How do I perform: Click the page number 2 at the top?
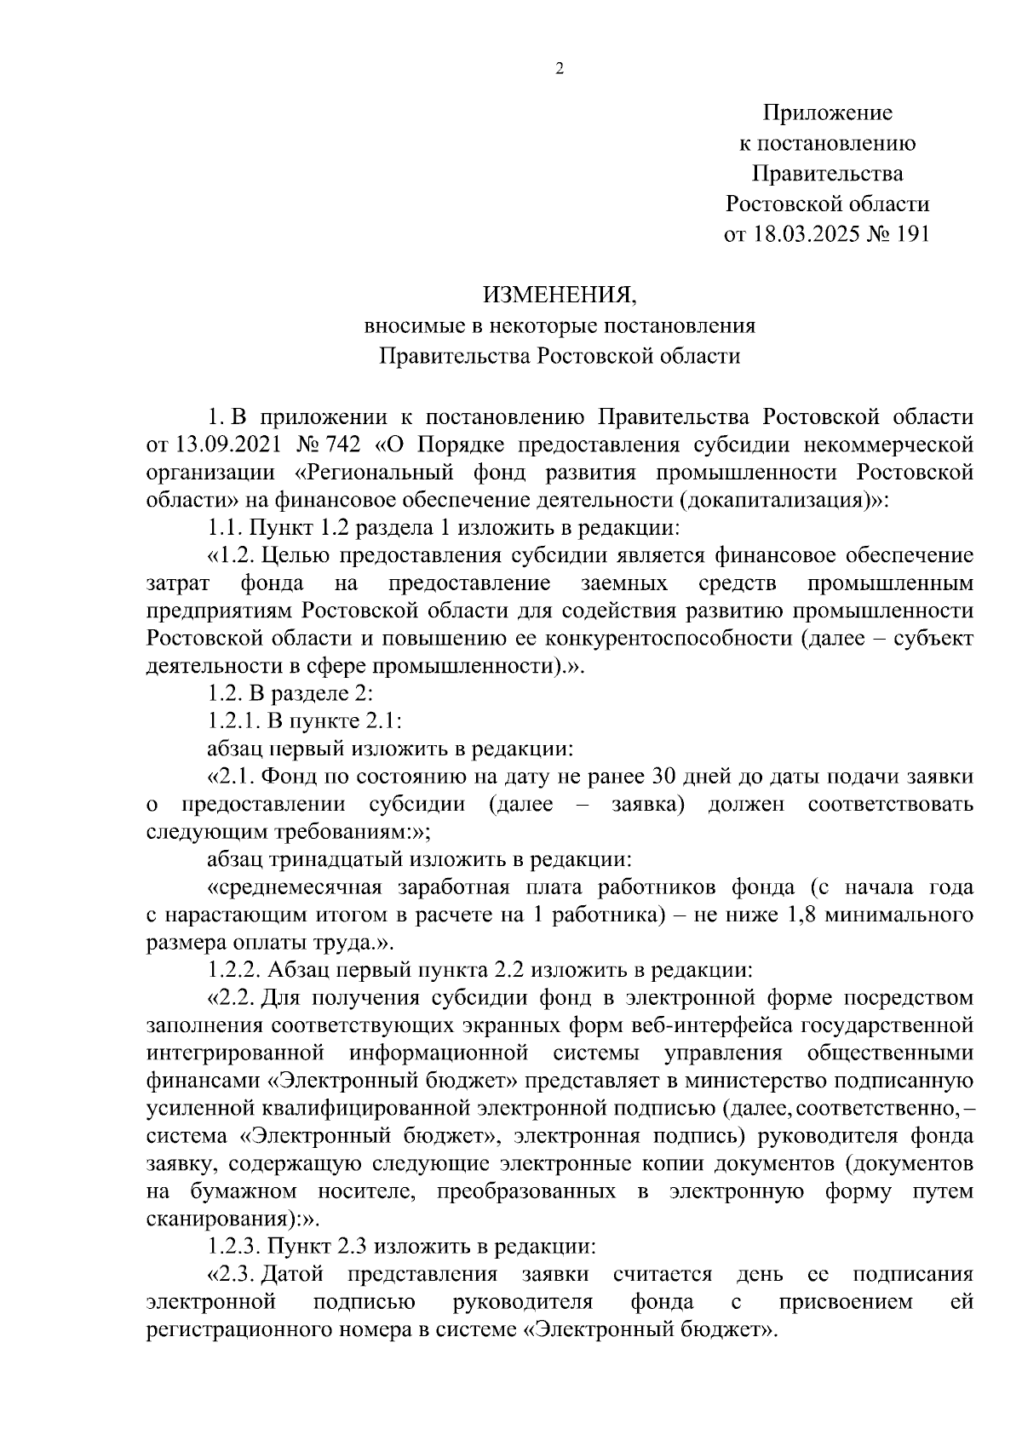tap(560, 70)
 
